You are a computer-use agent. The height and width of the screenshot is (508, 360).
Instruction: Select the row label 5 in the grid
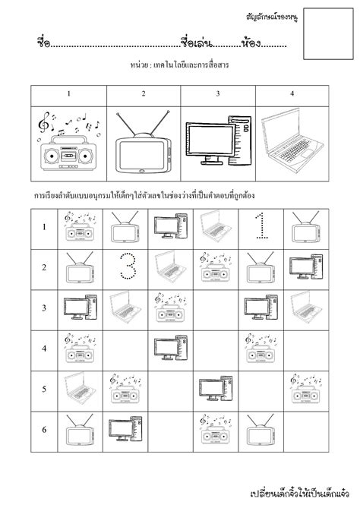click(x=44, y=390)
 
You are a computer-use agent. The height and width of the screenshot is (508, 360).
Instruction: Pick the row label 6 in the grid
click(x=44, y=431)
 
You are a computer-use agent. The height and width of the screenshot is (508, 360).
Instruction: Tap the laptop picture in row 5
click(x=77, y=388)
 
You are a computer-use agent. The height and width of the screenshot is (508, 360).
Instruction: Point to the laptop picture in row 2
click(x=169, y=267)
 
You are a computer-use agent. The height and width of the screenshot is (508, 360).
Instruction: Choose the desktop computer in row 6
click(x=122, y=430)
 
